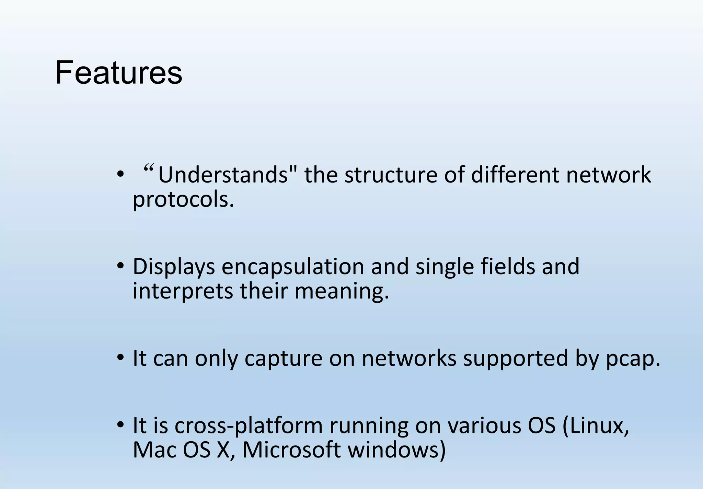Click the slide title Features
point(118,73)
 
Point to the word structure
point(391,175)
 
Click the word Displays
point(174,266)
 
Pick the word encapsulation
point(292,266)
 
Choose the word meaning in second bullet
point(342,291)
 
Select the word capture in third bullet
point(283,358)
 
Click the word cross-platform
point(249,426)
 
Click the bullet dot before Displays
point(120,266)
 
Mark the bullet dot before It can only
point(120,358)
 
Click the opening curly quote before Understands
point(148,168)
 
